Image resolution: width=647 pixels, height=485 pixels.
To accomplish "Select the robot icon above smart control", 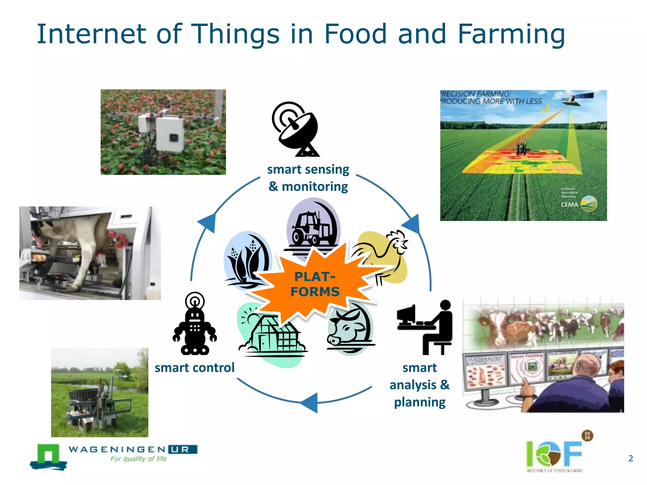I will (x=195, y=325).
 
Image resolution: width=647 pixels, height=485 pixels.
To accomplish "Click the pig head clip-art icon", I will (x=349, y=328).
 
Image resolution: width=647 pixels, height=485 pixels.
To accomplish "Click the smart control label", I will (x=195, y=368).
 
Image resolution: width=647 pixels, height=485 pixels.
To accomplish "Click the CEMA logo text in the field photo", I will (x=569, y=205).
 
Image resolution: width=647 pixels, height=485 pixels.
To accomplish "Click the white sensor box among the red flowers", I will (x=170, y=134).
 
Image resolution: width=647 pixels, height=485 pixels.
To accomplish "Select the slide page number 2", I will (x=631, y=458).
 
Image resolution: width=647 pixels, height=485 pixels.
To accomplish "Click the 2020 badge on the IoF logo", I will (x=587, y=436).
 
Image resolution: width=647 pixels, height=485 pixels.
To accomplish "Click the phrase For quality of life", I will (x=138, y=459).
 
